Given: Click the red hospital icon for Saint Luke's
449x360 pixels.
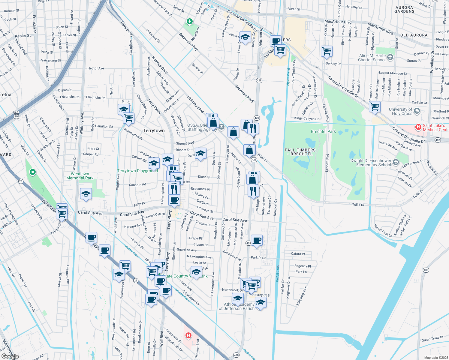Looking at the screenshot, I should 418,127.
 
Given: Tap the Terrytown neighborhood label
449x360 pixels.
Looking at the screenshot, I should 154,130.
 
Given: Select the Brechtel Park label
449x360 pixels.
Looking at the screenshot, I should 323,131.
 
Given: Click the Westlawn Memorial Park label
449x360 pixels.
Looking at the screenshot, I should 80,176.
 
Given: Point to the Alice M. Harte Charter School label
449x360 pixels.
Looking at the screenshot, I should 372,58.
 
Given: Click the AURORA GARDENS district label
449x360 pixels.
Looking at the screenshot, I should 404,10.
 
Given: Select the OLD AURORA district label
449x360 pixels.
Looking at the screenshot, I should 414,35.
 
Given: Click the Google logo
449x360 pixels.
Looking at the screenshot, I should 10,356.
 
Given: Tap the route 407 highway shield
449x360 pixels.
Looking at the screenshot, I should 438,140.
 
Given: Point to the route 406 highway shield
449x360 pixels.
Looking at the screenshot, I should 426,270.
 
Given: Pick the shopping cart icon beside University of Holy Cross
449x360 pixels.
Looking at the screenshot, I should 375,106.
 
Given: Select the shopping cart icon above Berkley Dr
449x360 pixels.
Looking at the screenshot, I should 327,51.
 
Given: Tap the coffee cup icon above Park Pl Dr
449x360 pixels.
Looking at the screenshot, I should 257,240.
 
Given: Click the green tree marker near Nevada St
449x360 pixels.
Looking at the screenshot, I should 189,21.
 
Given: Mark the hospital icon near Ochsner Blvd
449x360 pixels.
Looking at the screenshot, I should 188,335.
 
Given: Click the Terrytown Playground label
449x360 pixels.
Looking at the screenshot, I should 137,171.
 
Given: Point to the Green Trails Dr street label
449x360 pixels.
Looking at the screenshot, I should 432,339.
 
